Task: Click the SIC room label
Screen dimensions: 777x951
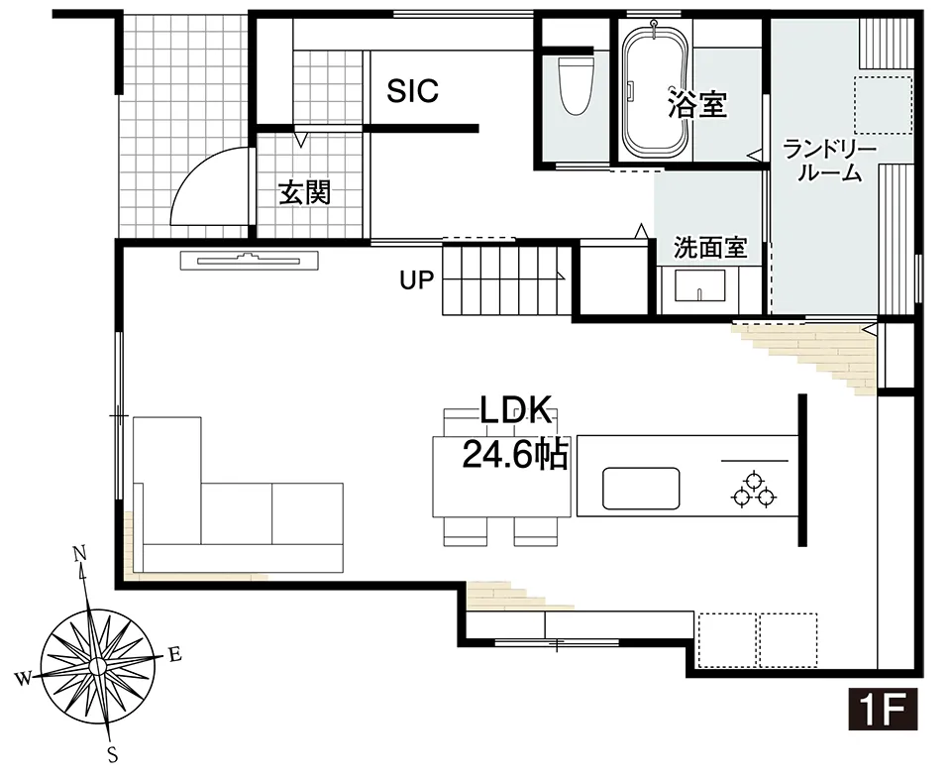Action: (x=412, y=91)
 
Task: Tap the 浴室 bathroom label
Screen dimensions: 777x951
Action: (x=697, y=103)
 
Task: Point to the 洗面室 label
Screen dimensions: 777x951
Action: (x=709, y=248)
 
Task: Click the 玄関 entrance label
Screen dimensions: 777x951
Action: (x=303, y=192)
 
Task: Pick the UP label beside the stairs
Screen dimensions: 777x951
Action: (x=417, y=280)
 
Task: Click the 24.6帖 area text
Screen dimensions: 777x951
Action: (x=514, y=455)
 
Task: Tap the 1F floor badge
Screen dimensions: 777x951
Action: (x=884, y=710)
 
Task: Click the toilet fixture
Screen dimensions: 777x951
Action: (x=575, y=85)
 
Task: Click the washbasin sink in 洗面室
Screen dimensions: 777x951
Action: (x=701, y=286)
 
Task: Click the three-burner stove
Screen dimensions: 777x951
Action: (x=753, y=490)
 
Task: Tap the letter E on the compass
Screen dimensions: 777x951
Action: (x=174, y=653)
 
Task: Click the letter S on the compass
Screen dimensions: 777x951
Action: (x=113, y=756)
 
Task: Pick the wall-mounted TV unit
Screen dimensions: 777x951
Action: (x=251, y=261)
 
